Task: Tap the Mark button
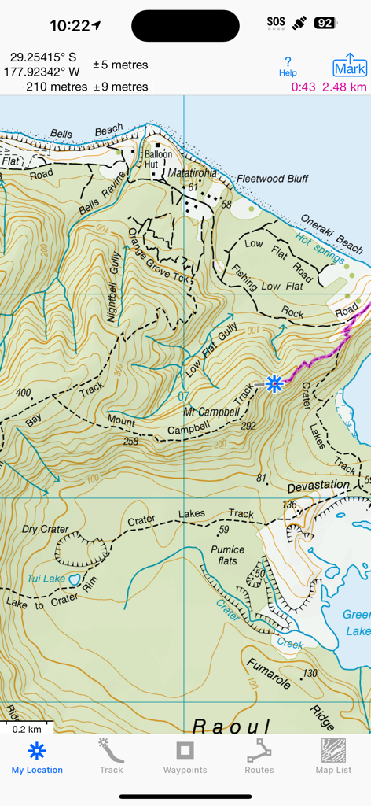click(x=350, y=65)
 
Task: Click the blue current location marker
click(x=274, y=383)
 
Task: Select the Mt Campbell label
click(x=211, y=412)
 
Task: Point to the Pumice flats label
click(x=227, y=555)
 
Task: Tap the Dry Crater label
click(x=46, y=529)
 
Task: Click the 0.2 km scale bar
click(x=26, y=728)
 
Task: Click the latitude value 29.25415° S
click(x=43, y=57)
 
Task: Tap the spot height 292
click(x=249, y=427)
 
